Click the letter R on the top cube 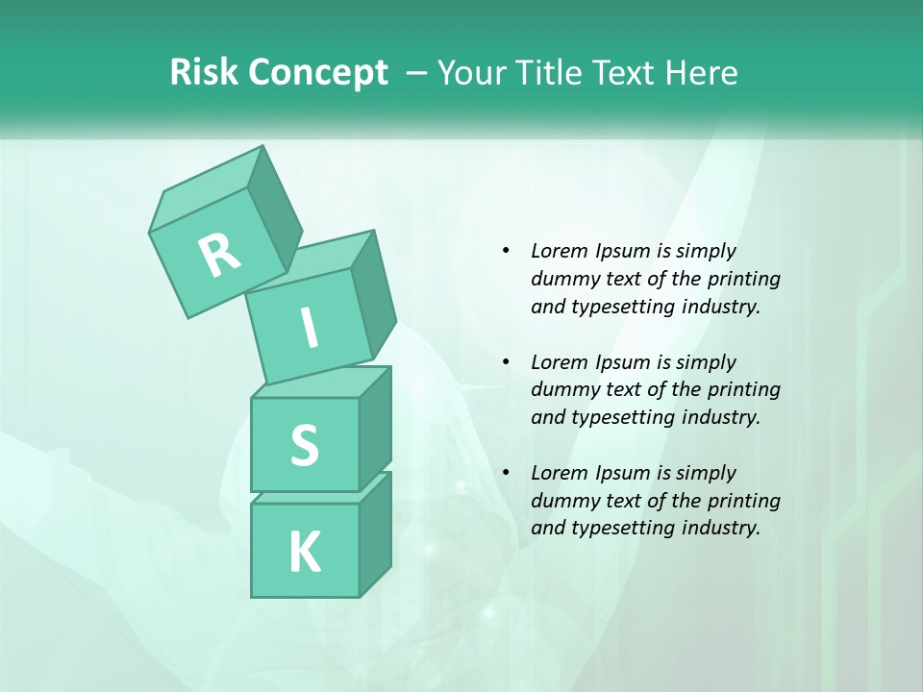[x=219, y=256]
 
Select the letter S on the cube [x=304, y=446]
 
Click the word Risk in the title [x=203, y=73]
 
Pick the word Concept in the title [x=318, y=73]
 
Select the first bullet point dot [x=507, y=251]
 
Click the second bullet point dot [x=507, y=362]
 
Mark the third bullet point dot [x=507, y=473]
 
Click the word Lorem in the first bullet [x=559, y=251]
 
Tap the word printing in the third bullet [x=744, y=501]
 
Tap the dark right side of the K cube [x=375, y=533]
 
